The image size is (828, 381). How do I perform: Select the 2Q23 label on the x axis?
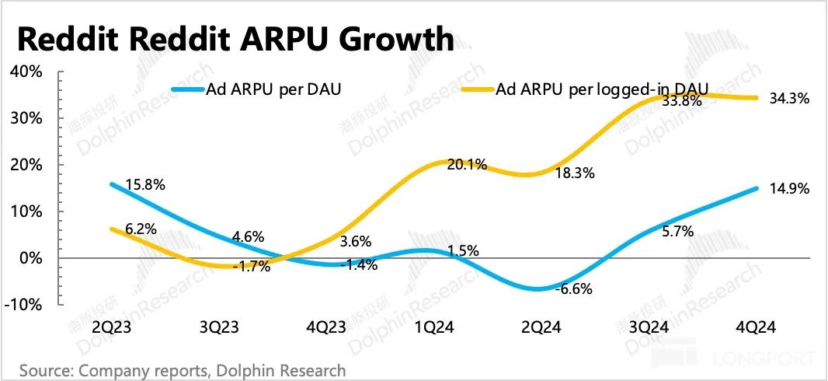tap(110, 328)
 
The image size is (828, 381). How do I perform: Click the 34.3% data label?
tap(790, 99)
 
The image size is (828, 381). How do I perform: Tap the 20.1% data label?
tap(467, 164)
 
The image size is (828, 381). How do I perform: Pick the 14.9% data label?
tap(790, 189)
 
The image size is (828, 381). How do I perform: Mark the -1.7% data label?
tap(250, 267)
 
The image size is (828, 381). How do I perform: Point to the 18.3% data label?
tap(575, 173)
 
